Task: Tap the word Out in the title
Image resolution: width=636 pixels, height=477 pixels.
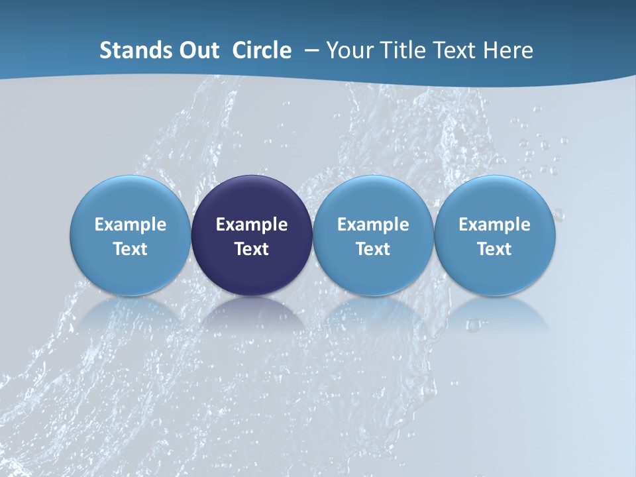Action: click(x=197, y=50)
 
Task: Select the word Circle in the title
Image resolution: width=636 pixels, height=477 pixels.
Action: click(x=262, y=50)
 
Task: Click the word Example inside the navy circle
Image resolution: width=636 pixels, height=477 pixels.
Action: click(x=252, y=225)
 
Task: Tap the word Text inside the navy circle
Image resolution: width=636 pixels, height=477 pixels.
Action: click(x=252, y=249)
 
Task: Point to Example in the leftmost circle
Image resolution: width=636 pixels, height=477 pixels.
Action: click(x=131, y=225)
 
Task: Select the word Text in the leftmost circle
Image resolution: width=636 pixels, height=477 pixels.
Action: click(x=131, y=249)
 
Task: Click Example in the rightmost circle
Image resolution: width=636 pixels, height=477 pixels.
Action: click(x=494, y=225)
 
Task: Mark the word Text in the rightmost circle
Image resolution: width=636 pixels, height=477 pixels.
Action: click(x=494, y=249)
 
